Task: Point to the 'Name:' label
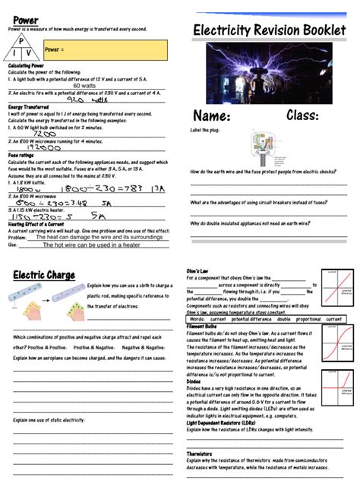pos(212,117)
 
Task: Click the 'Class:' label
pos(308,115)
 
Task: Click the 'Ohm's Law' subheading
pos(199,271)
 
